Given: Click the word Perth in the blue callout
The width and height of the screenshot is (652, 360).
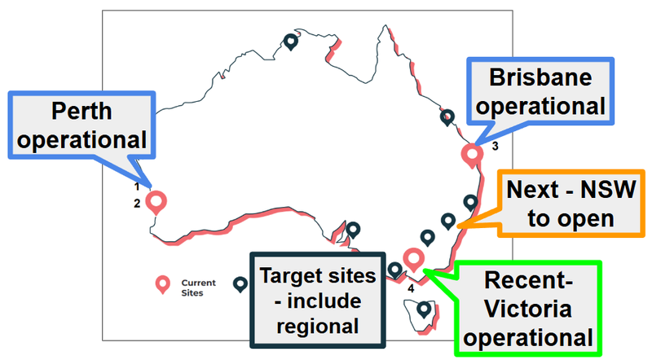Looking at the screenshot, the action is point(81,111).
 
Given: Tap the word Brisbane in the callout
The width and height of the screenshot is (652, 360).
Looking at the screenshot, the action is point(540,77).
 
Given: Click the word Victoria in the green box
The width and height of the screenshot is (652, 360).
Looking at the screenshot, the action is point(528,309).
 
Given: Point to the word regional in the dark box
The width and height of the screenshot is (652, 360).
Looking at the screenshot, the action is point(318,327).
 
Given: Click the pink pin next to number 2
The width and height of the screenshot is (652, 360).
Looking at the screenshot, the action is point(156,203).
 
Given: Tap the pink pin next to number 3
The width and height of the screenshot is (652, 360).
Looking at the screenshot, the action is point(472,156).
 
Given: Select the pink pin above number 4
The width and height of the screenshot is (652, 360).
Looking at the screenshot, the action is point(413,260).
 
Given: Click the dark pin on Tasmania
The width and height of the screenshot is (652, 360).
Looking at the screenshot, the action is point(424,310).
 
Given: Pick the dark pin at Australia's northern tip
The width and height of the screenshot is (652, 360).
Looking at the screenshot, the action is point(291,42).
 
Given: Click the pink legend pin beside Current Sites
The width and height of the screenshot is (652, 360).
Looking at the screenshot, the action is point(162,285).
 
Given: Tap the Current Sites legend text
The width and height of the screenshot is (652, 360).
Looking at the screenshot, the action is point(198,288).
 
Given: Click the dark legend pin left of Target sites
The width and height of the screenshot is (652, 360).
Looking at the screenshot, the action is point(240,285).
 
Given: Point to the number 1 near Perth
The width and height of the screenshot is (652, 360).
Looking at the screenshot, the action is point(137,187).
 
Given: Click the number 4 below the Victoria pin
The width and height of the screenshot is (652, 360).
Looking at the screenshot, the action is point(411,288).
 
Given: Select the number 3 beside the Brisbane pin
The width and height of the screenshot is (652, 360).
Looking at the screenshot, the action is point(495,147).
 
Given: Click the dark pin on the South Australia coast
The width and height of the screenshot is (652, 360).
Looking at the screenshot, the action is point(353,230).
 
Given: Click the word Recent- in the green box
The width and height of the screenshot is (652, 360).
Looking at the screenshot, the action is point(528,279).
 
